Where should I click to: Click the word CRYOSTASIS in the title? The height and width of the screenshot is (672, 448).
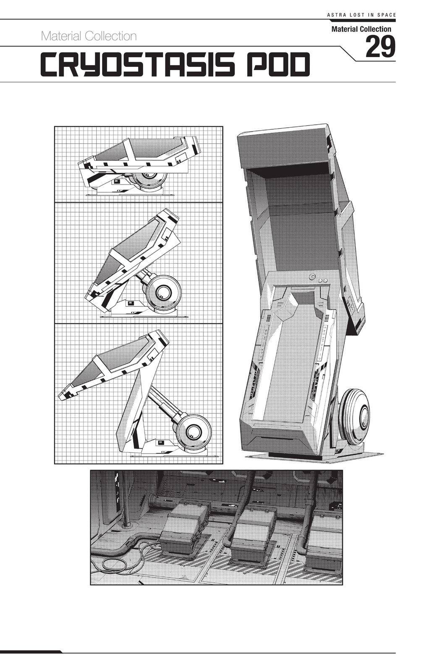click(x=136, y=64)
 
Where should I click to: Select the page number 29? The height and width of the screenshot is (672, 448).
click(x=380, y=47)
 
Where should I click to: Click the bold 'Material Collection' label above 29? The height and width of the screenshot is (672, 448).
click(x=362, y=29)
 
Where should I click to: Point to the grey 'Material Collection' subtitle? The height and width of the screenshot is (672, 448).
click(x=89, y=36)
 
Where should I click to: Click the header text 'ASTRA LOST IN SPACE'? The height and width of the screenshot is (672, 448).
click(x=361, y=15)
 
